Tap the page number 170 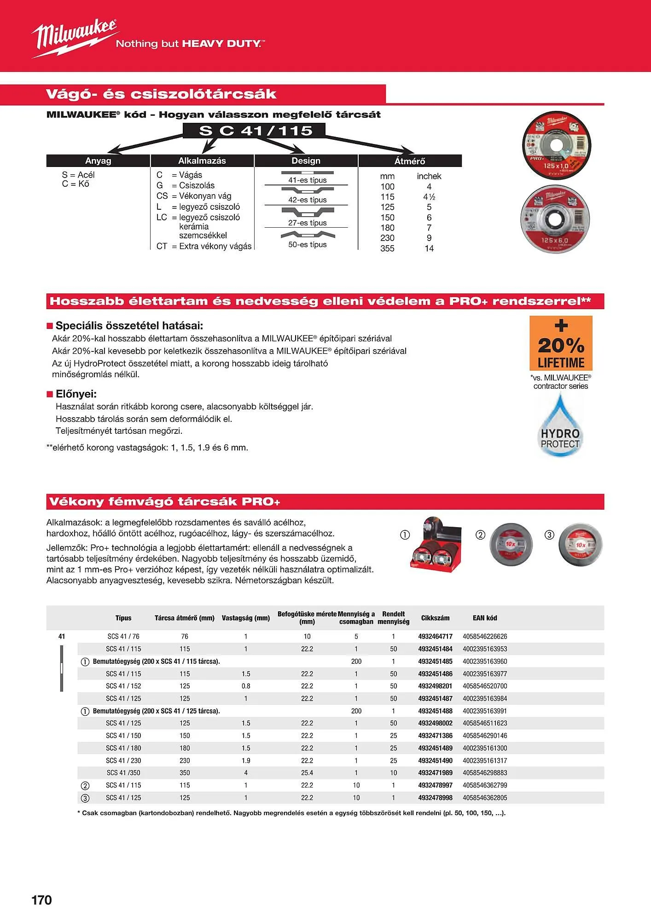pos(41,900)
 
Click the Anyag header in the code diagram pos(98,161)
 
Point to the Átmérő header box pos(410,161)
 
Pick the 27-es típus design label pos(307,223)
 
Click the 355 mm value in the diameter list pos(387,248)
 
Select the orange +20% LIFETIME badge pos(561,343)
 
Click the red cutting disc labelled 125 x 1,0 pos(556,146)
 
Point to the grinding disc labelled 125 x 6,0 pos(555,220)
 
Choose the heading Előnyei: pos(76,394)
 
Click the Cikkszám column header pos(435,618)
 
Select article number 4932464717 pos(435,637)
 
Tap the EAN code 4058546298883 pos(485,773)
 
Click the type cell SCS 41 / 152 pos(123,686)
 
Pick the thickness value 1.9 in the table pos(246,760)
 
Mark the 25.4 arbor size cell pos(307,773)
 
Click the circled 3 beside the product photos pos(549,535)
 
